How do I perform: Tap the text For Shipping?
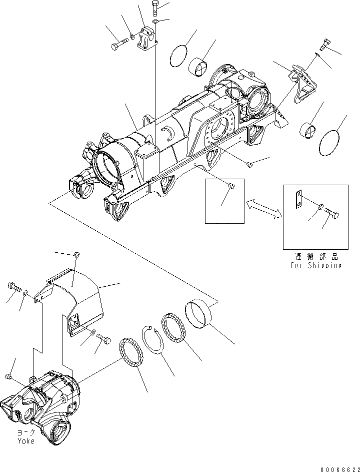point(316,265)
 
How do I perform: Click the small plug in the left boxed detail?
point(230,187)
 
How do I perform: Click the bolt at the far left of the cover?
point(13,287)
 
